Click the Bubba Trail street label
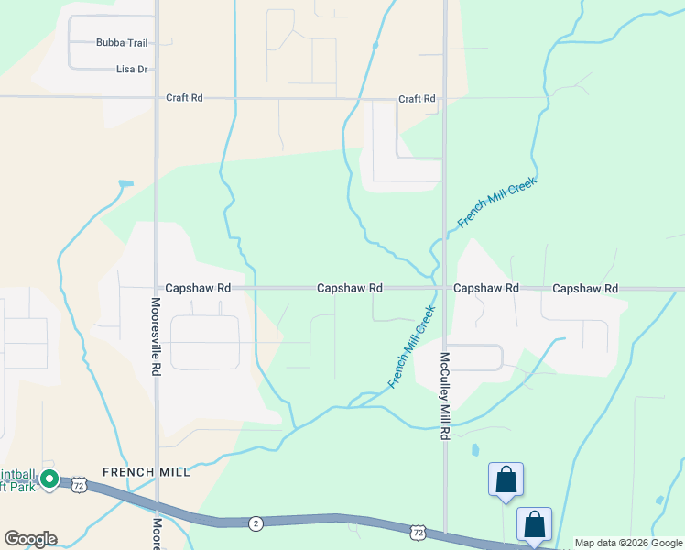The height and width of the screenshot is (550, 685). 121,42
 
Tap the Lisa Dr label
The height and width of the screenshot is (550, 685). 132,69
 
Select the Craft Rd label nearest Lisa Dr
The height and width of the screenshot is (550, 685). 183,98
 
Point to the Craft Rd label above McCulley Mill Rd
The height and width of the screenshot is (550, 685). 416,99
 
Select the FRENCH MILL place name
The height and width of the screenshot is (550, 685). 147,472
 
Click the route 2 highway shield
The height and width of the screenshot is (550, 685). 256,522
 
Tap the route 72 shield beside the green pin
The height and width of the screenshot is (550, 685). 80,485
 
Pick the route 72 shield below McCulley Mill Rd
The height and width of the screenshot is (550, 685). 419,532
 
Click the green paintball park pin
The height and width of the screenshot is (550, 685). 50,478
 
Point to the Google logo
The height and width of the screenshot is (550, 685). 30,539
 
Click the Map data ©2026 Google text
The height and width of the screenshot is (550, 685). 628,543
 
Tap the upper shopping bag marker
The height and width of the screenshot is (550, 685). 506,478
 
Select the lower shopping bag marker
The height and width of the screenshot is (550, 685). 534,524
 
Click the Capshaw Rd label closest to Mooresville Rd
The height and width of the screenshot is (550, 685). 197,288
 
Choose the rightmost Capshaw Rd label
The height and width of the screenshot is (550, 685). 585,289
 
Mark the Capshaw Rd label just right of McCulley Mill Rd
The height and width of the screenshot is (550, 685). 486,288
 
